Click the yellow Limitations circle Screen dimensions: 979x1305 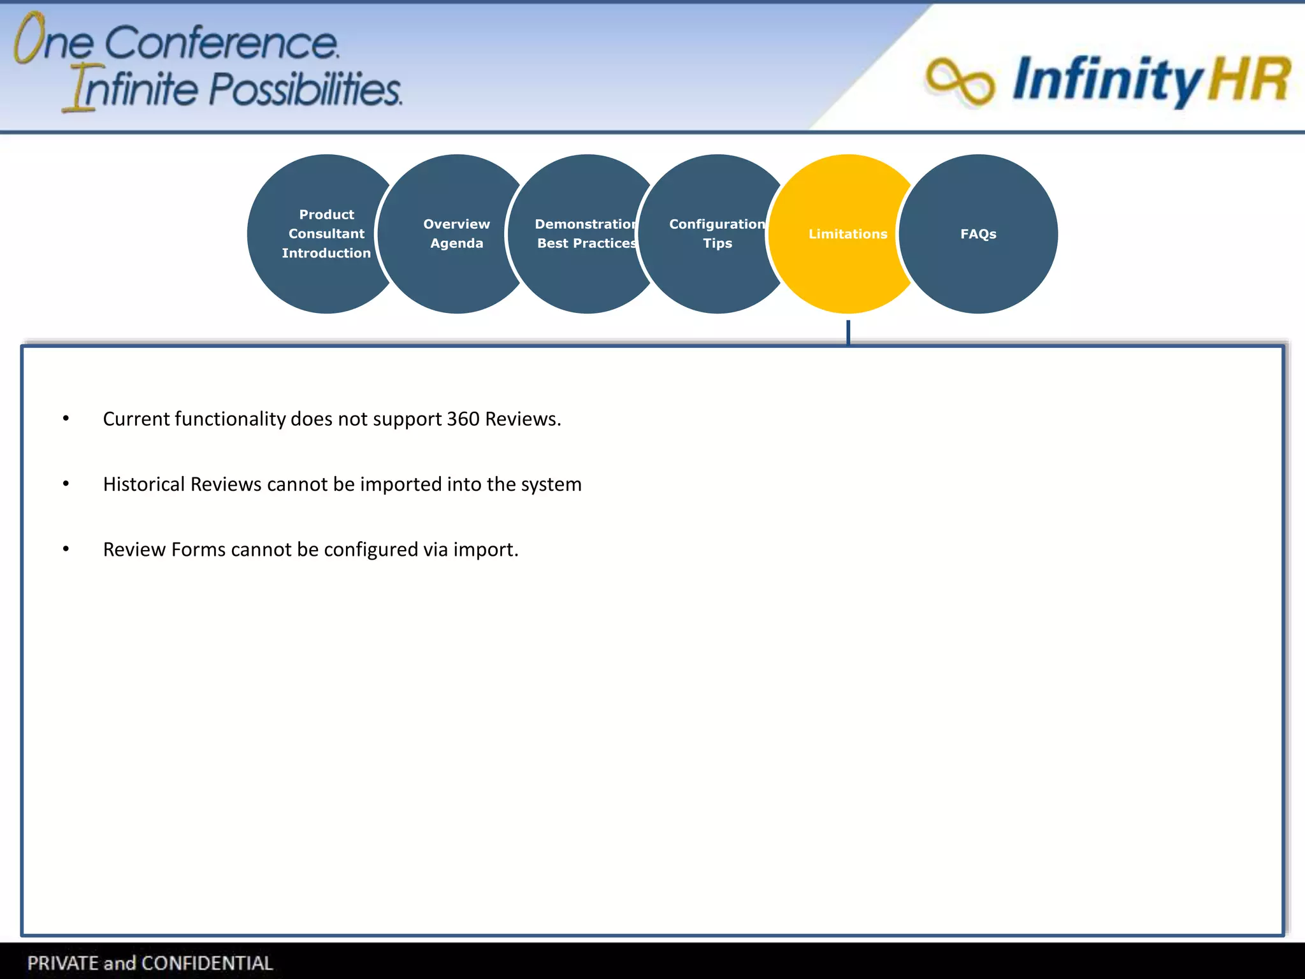click(847, 234)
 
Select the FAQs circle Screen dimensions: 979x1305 click(978, 234)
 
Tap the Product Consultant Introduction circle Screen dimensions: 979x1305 click(326, 234)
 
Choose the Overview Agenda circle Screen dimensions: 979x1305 click(456, 234)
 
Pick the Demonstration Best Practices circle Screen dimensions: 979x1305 click(586, 234)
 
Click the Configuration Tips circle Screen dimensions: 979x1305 click(717, 234)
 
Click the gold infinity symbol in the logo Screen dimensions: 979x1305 click(960, 82)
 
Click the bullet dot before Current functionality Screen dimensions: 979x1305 click(66, 419)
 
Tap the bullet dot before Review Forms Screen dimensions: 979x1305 click(66, 549)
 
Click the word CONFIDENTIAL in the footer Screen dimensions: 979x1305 click(207, 962)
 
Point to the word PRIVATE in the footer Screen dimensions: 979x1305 click(63, 962)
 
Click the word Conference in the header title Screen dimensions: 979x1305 click(221, 43)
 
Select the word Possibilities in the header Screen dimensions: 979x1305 click(306, 89)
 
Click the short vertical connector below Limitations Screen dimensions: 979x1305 click(848, 332)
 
